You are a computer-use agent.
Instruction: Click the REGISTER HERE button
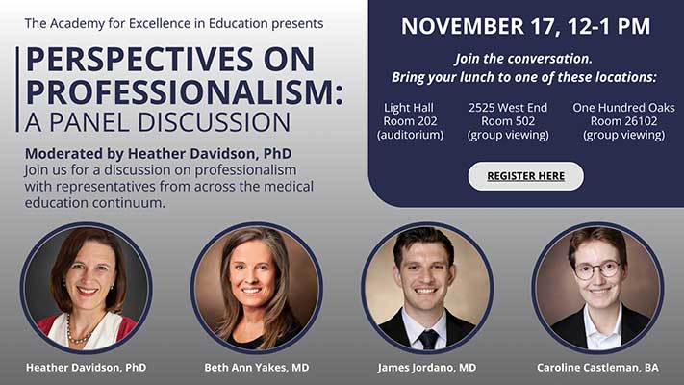coord(525,176)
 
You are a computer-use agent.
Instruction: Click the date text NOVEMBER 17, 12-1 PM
coord(525,27)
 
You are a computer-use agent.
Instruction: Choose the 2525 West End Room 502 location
coord(508,120)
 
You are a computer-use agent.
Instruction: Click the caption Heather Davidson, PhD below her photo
coord(86,367)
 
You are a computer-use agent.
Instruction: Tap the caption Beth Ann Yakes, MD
coord(256,367)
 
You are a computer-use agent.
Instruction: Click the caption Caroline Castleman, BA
coord(597,367)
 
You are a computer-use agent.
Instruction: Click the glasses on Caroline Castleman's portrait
coord(597,269)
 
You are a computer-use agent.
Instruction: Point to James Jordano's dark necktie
coord(427,338)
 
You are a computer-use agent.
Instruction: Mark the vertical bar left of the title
coord(17,90)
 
